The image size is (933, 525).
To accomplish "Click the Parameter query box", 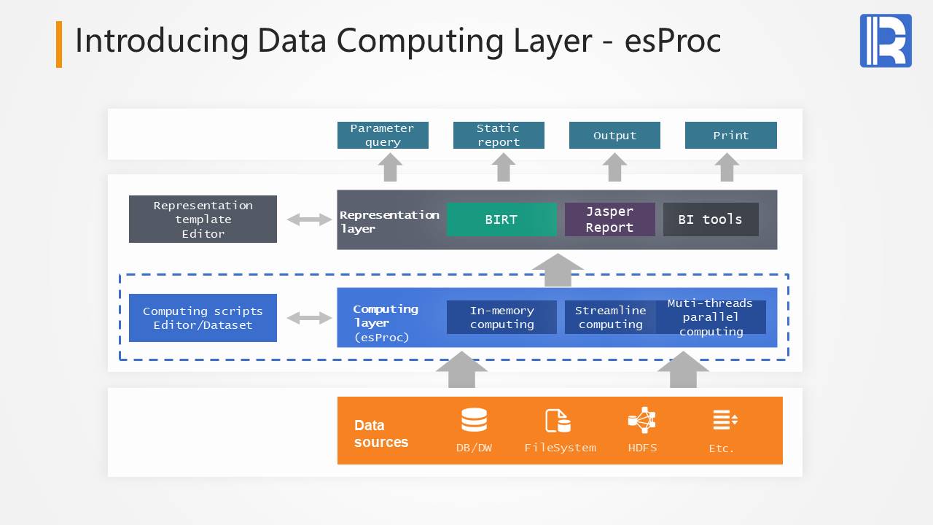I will point(383,136).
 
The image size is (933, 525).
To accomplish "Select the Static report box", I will point(499,136).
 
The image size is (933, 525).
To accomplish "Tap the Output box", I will point(614,136).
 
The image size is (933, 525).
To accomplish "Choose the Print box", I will point(730,136).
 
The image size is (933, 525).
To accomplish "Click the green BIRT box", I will point(501,219).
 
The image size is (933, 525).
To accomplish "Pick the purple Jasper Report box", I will point(609,219).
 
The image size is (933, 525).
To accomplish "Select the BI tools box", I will point(711,219).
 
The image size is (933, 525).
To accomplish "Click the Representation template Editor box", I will point(203,219).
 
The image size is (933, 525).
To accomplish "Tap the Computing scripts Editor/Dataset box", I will point(203,318).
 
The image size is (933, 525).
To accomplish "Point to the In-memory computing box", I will point(501,317).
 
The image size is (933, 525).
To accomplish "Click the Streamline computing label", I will point(610,317).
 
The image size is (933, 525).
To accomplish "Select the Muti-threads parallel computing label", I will point(711,317).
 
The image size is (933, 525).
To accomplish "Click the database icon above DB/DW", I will point(474,420).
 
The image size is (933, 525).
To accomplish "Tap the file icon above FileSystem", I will point(558,421).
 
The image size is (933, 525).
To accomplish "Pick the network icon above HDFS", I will point(642,420).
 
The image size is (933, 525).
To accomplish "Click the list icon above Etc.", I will point(725,420).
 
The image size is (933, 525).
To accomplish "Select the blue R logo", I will point(886,41).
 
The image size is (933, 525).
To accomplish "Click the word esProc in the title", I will point(672,41).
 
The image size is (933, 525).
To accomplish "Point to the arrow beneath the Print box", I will point(727,168).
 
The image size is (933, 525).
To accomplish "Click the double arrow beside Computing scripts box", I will point(309,318).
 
